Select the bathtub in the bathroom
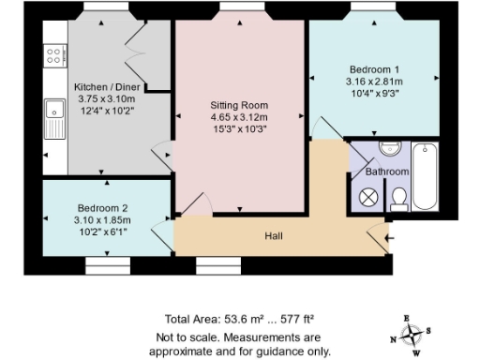coord(425,176)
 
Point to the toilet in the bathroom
coord(398,197)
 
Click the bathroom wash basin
coord(391,151)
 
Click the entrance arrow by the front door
coord(389,238)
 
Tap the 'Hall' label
coord(274,236)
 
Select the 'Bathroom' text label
coord(387,172)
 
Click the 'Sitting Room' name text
coord(239,104)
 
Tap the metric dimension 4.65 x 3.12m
coord(239,117)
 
